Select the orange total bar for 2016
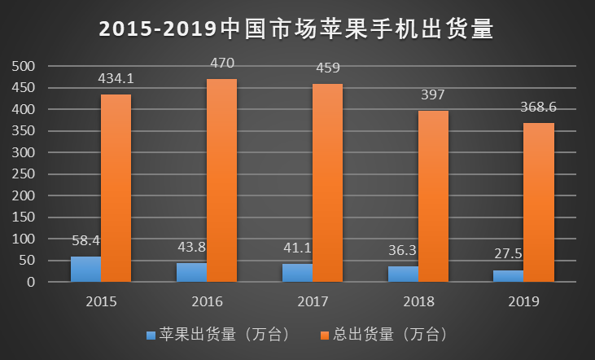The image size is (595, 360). (x=221, y=181)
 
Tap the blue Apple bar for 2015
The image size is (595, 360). (x=85, y=270)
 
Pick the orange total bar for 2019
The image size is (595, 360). (x=539, y=203)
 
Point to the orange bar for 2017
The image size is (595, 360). (x=327, y=183)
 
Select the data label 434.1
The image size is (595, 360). (x=116, y=78)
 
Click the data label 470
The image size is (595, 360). (x=222, y=63)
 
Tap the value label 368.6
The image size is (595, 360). (x=539, y=107)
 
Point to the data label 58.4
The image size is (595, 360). (x=85, y=240)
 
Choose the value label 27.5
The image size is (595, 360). (x=508, y=254)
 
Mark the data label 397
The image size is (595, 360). (x=433, y=94)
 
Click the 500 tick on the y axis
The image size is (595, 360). (x=25, y=66)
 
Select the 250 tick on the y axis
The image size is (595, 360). (x=25, y=174)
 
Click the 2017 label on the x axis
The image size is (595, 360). (x=313, y=302)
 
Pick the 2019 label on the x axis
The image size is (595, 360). (x=523, y=302)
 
